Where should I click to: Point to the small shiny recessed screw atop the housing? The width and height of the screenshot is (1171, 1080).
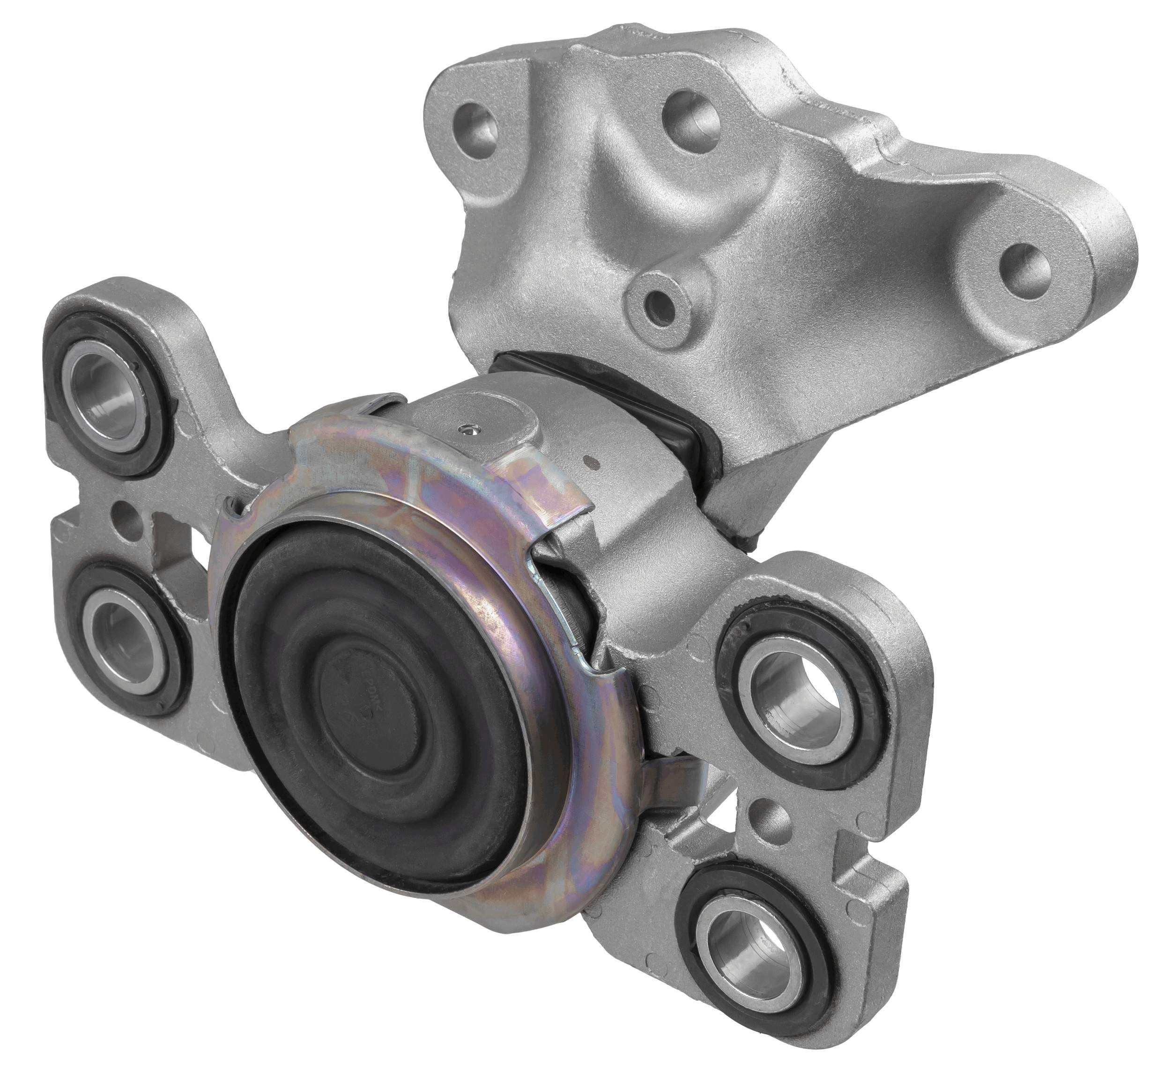466,431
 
